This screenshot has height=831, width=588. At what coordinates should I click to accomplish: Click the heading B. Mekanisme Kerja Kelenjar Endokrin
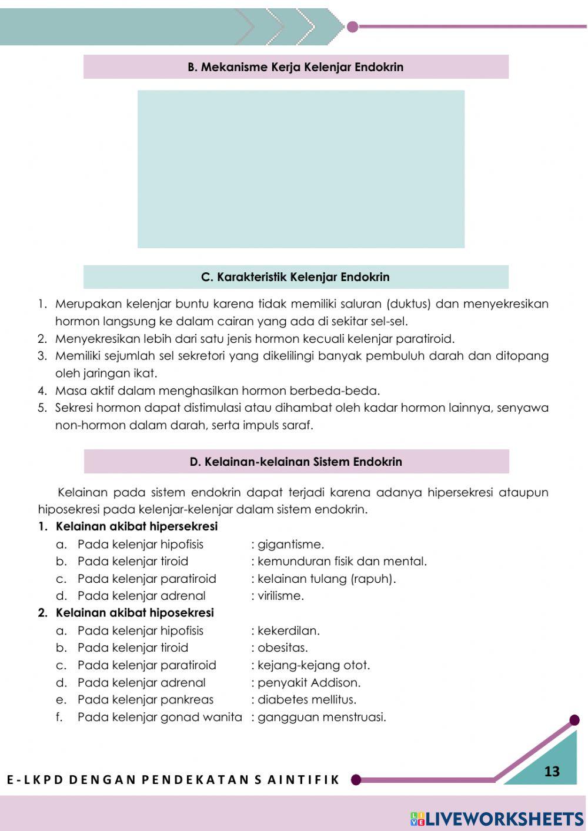pos(295,67)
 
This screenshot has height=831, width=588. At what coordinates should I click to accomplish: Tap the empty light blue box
pos(300,169)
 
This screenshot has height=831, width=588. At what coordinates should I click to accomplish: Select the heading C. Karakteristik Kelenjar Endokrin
pos(295,277)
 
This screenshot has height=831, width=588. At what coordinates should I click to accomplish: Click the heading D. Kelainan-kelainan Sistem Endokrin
pos(296,462)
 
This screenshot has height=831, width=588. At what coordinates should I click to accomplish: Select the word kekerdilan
pos(288,630)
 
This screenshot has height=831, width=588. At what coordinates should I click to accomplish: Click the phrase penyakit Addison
pos(309,683)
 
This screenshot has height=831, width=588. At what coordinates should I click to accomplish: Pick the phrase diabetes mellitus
pos(306,700)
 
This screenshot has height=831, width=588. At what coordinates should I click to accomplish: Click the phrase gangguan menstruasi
pos(322,717)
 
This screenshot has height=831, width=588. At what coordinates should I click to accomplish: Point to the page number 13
pos(552,771)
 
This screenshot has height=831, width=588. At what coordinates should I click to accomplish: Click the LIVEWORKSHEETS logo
pos(497,819)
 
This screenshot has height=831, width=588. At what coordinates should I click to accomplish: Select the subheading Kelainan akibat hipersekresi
pos(136,526)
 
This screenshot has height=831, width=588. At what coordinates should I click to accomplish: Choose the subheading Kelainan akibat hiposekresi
pos(135,613)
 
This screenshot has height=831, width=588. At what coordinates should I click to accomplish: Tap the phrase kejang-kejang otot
pos(313,665)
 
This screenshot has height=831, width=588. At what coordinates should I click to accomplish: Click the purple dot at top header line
pos(353,26)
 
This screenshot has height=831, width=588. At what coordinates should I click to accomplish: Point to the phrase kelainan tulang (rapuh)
pos(326,579)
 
